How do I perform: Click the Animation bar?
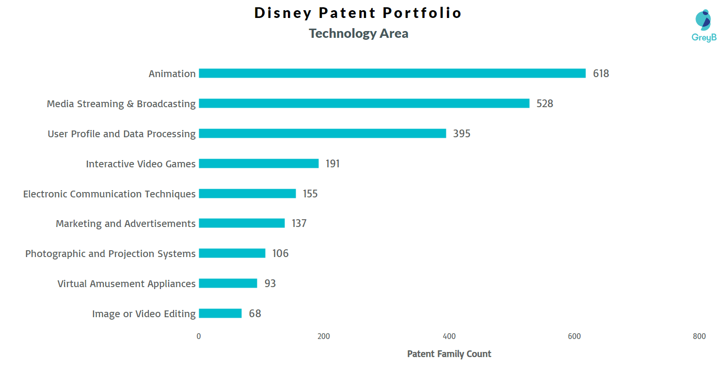392,73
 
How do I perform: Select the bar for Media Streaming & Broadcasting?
364,103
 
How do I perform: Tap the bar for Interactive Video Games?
259,163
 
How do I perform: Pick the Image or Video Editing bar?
220,313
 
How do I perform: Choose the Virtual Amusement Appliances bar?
228,283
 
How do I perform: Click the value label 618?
601,74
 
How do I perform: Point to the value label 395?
461,134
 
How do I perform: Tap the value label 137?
299,224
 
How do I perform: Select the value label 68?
255,314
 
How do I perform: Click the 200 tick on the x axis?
323,337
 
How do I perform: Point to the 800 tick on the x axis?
699,337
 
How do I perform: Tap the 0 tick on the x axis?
199,337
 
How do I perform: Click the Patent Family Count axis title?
449,354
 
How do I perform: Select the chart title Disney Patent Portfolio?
358,13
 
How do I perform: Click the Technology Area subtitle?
359,33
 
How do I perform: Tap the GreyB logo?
704,26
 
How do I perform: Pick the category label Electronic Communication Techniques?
110,194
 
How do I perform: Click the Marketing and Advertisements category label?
126,224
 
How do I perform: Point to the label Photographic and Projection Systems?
111,254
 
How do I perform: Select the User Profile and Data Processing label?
122,134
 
